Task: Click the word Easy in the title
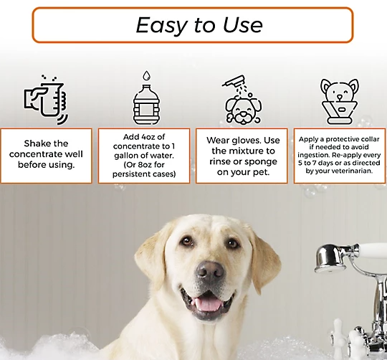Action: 162,25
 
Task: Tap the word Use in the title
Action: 243,24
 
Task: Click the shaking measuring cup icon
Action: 46,99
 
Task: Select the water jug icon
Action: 146,105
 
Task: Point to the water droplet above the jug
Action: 147,75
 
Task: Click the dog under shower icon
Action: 243,100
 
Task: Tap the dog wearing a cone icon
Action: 340,102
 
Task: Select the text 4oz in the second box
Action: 148,137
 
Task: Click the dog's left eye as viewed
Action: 187,241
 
